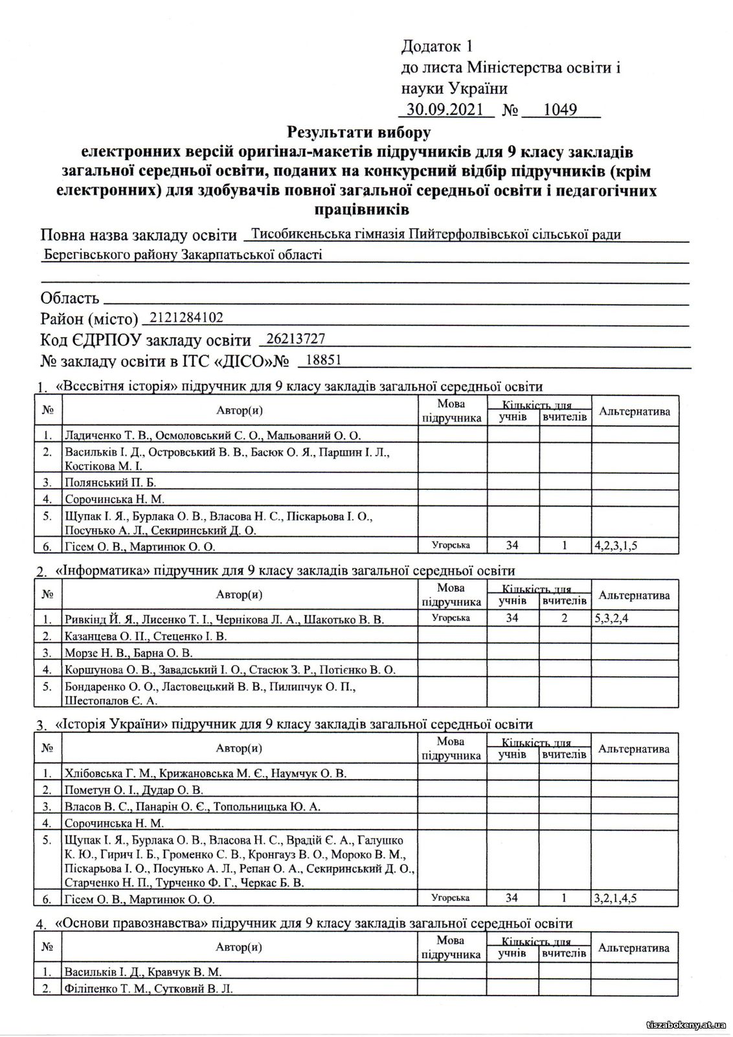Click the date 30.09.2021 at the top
point(444,109)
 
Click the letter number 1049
point(560,109)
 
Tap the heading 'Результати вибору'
point(359,133)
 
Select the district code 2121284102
point(185,318)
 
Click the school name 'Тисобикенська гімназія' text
point(328,234)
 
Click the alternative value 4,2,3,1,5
point(616,546)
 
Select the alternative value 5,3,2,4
point(611,618)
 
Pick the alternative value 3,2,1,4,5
point(615,898)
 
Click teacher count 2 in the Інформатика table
point(565,618)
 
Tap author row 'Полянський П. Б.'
point(110,482)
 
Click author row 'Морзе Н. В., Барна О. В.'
point(129,653)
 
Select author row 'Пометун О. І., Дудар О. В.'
point(134,789)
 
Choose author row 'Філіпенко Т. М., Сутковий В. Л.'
point(148,988)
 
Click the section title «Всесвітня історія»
point(118,387)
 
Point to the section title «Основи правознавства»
point(128,923)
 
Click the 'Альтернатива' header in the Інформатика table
point(634,595)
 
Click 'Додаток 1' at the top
point(438,47)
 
